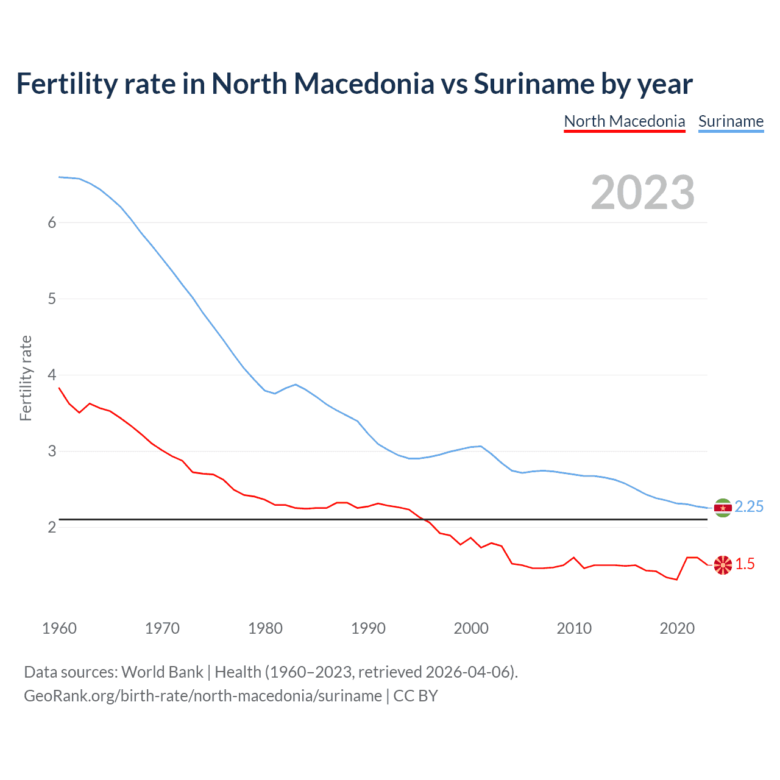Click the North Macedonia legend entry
pos(625,121)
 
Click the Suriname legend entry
pos(731,121)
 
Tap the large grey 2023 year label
pos(642,193)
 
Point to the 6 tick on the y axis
pos(52,222)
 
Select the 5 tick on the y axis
pos(52,299)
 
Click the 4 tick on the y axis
pos(52,375)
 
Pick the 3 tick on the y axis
pos(52,451)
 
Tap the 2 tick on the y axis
pos(52,527)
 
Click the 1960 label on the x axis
pos(59,628)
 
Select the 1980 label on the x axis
pos(265,628)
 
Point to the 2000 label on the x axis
pos(471,628)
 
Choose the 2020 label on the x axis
pos(677,628)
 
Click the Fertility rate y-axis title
pos(26,378)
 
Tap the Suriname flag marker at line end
pos(723,508)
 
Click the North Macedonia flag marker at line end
pos(723,565)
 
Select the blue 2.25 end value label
pos(749,507)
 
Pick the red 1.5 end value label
pos(745,564)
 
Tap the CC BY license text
pos(416,696)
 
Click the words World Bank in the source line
pos(162,672)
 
